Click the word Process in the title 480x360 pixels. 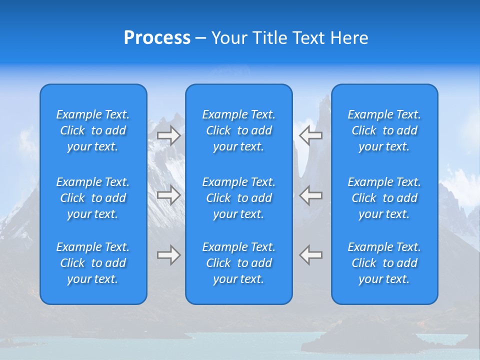point(157,38)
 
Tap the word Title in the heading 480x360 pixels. point(270,38)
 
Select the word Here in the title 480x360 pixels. point(349,38)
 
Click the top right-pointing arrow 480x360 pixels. point(168,135)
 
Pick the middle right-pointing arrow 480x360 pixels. point(168,194)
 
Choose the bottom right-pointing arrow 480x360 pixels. point(168,255)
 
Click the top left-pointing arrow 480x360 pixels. point(311,135)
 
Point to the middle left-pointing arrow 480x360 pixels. point(311,194)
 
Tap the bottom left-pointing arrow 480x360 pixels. point(311,255)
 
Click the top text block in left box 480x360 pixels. point(93,130)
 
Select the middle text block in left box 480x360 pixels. point(93,198)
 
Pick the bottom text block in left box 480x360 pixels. point(93,263)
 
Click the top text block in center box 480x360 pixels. point(239,130)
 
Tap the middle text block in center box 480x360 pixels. point(239,198)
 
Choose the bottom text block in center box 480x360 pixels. point(239,263)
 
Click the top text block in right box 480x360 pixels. point(384,130)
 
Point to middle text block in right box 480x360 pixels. point(384,198)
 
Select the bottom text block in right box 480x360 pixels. point(384,263)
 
